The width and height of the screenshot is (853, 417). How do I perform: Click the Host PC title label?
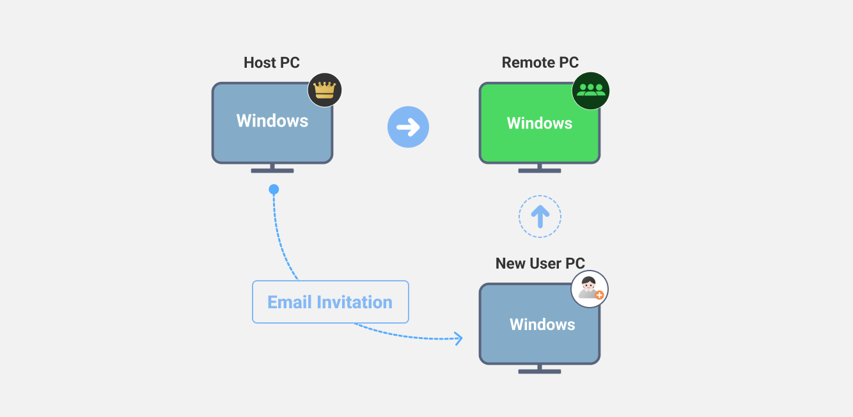coord(271,63)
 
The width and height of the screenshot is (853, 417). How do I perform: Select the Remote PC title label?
coord(540,63)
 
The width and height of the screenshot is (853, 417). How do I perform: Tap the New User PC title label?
coord(540,264)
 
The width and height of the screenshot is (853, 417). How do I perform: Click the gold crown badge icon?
coord(325,90)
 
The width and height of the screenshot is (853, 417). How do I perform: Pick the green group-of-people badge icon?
coord(590,90)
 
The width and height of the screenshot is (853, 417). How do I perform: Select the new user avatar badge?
coord(589,289)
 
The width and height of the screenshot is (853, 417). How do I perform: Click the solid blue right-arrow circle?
coord(408,127)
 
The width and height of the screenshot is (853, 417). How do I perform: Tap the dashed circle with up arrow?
coord(540,217)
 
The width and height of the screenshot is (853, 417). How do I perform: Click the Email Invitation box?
coord(330,302)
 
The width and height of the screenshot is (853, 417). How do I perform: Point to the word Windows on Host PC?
coord(272,121)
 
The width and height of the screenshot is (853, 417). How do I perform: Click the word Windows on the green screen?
coord(540,123)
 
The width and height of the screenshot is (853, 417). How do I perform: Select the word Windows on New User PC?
coord(542,324)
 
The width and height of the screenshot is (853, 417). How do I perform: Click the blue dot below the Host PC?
coord(274,189)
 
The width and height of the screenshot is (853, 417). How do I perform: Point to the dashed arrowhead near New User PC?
coord(458,338)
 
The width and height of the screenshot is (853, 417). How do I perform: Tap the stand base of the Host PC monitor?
coord(272,171)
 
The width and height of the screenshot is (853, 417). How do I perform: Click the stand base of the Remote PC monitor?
coord(540,171)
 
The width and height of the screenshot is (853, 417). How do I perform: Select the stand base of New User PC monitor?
coord(540,371)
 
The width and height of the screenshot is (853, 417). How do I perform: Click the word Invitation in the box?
coord(354,302)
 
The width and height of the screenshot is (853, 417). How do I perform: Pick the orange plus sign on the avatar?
coord(599,295)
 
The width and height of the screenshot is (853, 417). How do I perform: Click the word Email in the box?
coord(289,302)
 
